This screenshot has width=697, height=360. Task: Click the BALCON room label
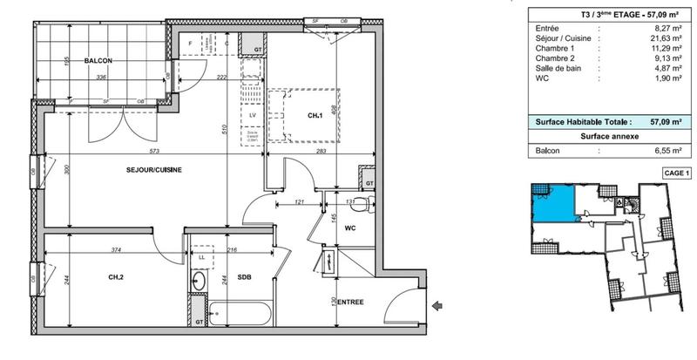(x=99, y=61)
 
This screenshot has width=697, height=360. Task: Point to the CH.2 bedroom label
(x=116, y=278)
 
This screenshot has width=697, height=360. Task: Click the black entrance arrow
(x=438, y=304)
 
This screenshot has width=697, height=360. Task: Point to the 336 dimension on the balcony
(x=101, y=78)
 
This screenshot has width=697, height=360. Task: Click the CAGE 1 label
(x=676, y=174)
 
